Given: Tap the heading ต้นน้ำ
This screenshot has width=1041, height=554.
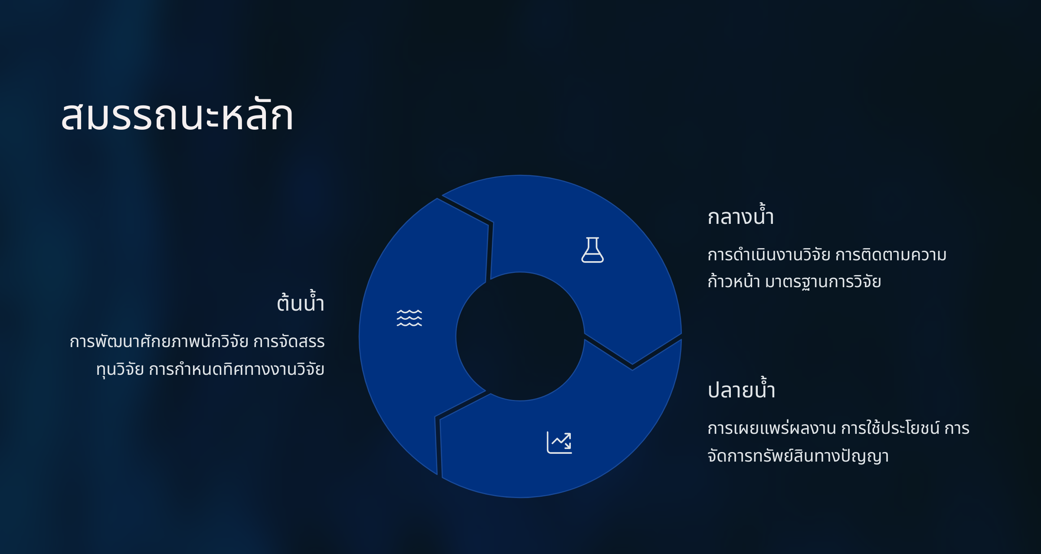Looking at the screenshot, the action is [x=301, y=302].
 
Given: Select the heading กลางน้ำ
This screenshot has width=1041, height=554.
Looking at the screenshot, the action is [x=741, y=215].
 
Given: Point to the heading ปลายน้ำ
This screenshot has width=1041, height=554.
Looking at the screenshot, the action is [x=741, y=388].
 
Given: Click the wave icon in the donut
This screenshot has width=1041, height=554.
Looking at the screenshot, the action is [x=409, y=318].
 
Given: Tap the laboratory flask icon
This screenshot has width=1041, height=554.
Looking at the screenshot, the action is [x=593, y=249].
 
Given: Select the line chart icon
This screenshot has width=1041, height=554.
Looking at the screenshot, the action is [x=559, y=443].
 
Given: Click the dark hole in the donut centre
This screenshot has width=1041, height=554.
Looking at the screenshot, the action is [x=520, y=336].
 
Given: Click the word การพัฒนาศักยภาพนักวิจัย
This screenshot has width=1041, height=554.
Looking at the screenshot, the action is [x=159, y=342].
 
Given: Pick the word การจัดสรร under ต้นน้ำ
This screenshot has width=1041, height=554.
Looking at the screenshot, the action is [x=289, y=342].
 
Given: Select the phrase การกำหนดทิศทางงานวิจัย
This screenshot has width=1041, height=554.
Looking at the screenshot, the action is [x=237, y=370].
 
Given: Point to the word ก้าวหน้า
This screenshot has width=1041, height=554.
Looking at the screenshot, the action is [x=733, y=281].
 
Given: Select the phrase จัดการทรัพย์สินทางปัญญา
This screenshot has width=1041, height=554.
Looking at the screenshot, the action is [x=798, y=456].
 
